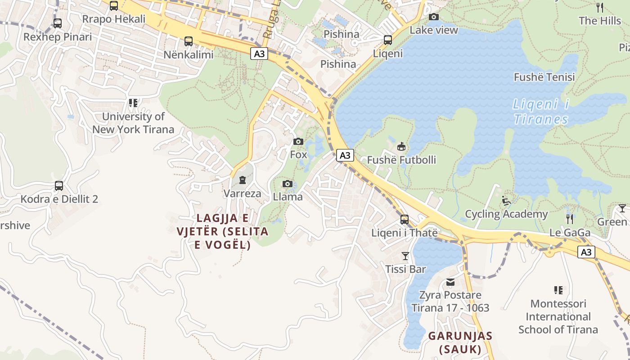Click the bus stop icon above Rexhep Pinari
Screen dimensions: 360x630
point(58,23)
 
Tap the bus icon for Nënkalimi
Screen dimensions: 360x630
point(189,41)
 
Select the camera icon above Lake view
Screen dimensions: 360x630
point(434,17)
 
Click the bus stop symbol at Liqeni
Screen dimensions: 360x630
point(388,40)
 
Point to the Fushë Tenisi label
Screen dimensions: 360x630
point(544,77)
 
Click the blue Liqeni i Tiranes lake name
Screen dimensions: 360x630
point(540,112)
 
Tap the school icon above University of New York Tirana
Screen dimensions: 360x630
point(133,103)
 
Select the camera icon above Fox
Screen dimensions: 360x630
point(298,141)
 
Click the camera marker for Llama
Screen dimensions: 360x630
point(288,184)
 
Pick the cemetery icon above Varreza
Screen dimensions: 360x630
point(243,180)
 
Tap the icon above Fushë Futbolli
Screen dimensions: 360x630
point(401,147)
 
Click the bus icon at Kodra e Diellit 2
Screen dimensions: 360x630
point(59,185)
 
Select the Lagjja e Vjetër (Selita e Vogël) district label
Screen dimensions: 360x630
point(223,231)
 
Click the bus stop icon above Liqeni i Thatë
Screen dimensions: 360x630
point(405,220)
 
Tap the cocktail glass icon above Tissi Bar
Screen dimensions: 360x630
point(405,256)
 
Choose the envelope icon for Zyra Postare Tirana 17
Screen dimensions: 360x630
point(450,282)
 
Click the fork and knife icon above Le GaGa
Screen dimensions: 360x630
point(570,219)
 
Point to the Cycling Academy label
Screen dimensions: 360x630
point(506,214)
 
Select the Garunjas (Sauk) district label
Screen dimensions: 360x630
point(460,342)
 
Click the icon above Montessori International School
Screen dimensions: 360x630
point(558,290)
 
